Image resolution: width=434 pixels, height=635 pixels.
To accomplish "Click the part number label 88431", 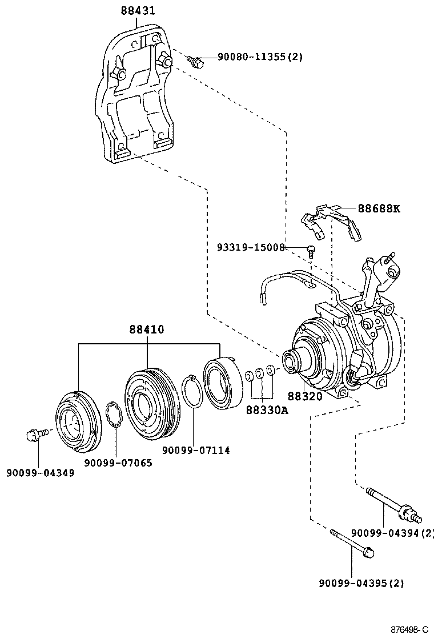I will (x=138, y=11).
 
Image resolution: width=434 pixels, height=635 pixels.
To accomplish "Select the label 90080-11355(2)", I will (x=260, y=57).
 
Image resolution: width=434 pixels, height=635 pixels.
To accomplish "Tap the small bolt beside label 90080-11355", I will (x=196, y=61).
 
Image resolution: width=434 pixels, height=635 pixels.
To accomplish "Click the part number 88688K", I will (x=379, y=208).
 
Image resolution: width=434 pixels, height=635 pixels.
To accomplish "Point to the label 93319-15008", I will (x=251, y=247).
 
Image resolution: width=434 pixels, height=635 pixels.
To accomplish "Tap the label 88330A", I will (x=267, y=409).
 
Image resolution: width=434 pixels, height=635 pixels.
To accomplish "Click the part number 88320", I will (x=304, y=396).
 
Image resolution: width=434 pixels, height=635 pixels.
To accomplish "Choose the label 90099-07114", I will (x=196, y=450).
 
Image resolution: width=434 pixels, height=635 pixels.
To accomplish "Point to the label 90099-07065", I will (x=118, y=463).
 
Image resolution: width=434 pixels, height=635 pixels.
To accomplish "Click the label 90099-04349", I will (x=40, y=473).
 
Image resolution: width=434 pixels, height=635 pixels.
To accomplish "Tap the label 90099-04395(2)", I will (x=361, y=583).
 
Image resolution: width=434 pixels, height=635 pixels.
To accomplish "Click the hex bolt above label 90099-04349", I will (x=34, y=436).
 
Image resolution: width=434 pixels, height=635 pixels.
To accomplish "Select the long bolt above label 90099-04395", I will (x=352, y=543).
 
